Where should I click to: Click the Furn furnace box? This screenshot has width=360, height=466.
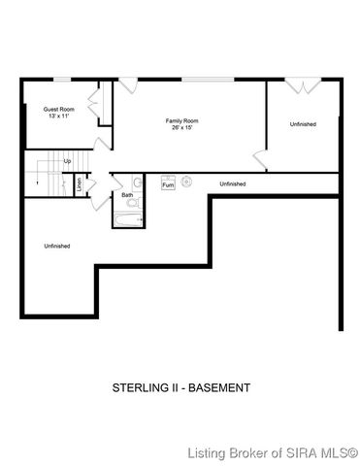(x=168, y=183)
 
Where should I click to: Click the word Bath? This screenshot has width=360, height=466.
(x=127, y=195)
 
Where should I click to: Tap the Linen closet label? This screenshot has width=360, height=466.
(x=79, y=182)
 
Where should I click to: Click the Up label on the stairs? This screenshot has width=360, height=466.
(x=67, y=161)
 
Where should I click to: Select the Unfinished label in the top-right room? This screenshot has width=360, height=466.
(x=303, y=124)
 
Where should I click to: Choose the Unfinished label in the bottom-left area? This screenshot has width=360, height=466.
(x=57, y=246)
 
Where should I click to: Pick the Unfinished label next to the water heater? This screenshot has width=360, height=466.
(x=232, y=183)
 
